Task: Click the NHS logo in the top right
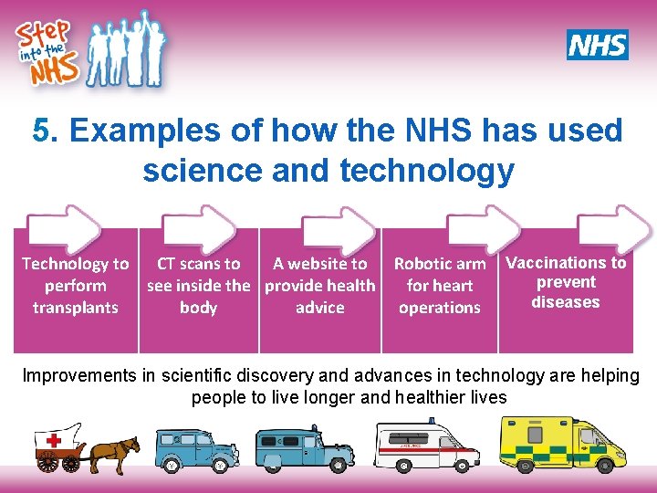598,44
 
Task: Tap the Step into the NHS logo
89,49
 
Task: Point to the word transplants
76,308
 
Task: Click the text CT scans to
199,264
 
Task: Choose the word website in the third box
319,264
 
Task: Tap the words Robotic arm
440,264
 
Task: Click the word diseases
566,302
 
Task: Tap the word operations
440,308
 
